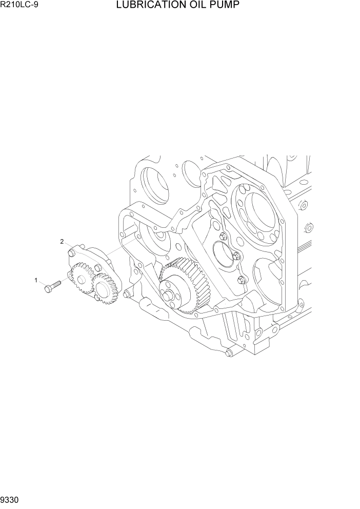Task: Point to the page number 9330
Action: (11, 500)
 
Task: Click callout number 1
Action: (36, 280)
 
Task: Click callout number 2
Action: (62, 241)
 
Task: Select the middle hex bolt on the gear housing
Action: (235, 256)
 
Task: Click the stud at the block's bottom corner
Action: (228, 353)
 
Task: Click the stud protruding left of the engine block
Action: (126, 294)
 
